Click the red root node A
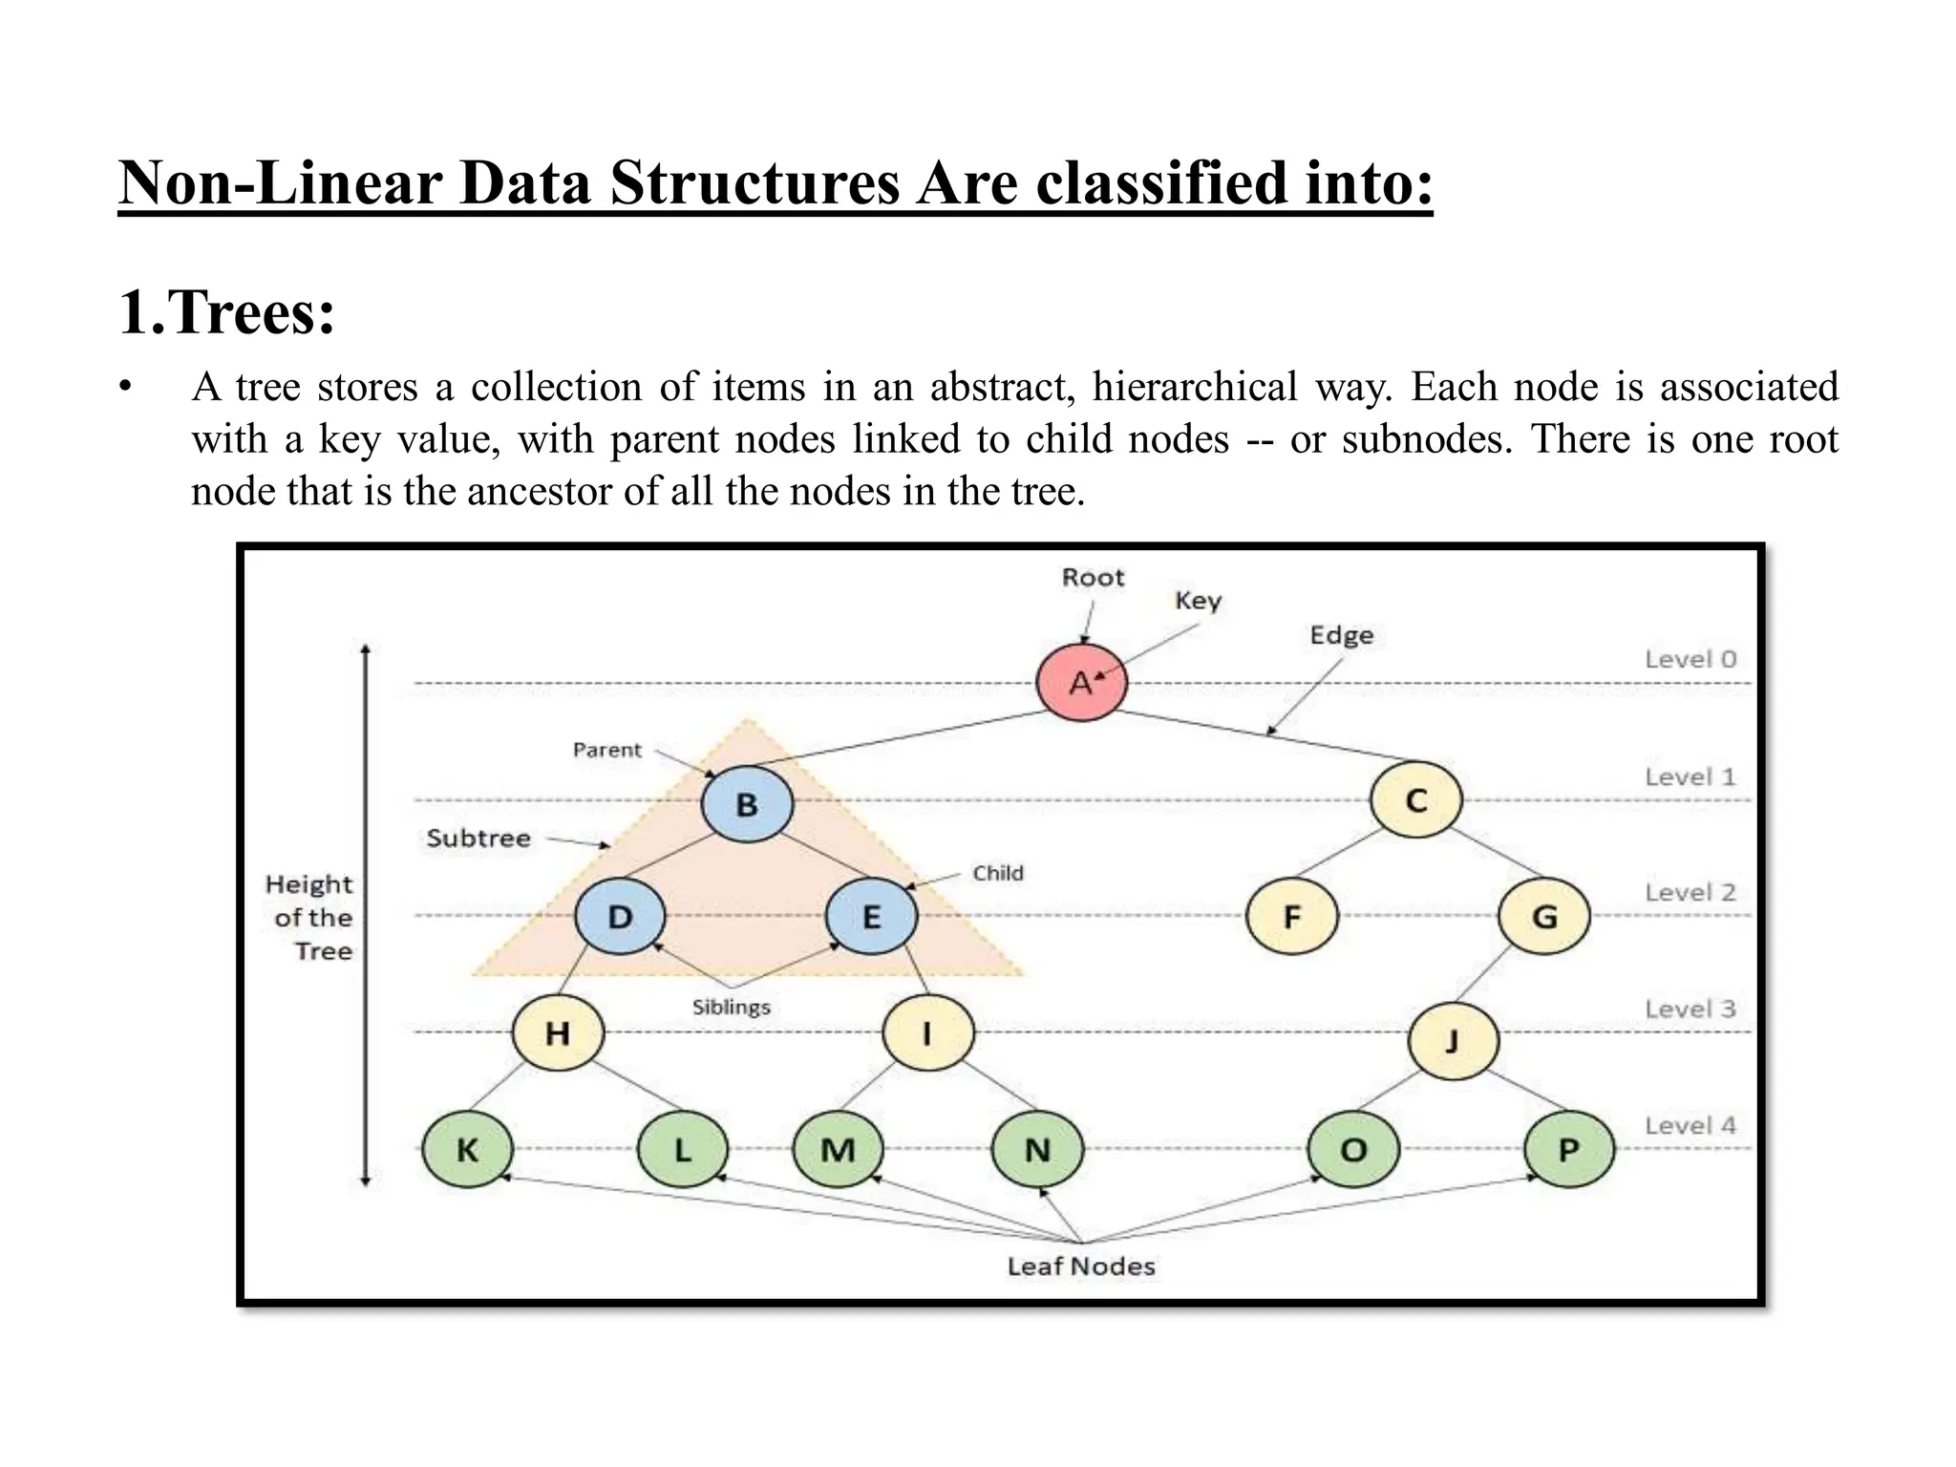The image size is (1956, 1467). tap(1081, 683)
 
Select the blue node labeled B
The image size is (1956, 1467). tap(747, 804)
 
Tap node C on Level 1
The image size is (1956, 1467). tap(1415, 800)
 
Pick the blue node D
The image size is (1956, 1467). tap(620, 917)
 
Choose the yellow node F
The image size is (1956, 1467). tap(1292, 917)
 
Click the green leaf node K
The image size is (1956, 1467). tap(467, 1149)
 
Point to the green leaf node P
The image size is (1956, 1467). tap(1568, 1149)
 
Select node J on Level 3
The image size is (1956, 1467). tap(1453, 1040)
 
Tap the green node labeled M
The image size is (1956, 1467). tap(838, 1149)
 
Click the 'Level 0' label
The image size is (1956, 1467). tap(1690, 659)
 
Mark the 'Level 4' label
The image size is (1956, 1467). tap(1690, 1126)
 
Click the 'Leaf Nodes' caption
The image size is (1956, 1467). tap(1081, 1266)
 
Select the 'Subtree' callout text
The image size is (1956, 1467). tap(478, 839)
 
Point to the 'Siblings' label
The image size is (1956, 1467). tap(731, 1007)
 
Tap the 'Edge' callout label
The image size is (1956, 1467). tap(1341, 636)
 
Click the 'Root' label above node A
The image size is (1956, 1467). tap(1093, 578)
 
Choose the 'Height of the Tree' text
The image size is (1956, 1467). tap(309, 917)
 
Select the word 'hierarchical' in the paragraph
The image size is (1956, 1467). tap(1194, 388)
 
